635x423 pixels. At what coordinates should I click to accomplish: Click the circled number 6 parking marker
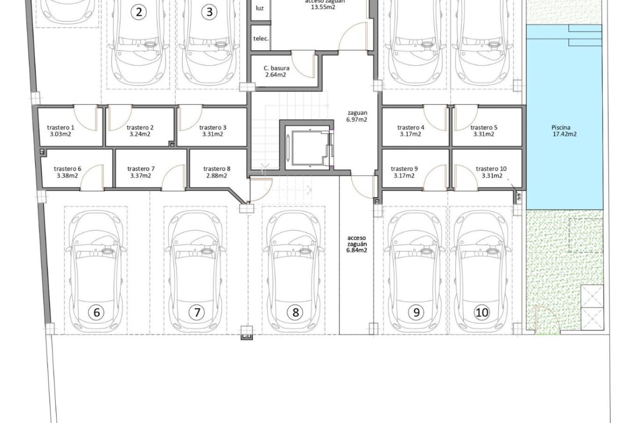97,312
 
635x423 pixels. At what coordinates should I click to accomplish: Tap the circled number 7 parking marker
197,312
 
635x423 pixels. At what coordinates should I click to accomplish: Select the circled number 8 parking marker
295,312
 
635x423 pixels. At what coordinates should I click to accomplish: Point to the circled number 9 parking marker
416,312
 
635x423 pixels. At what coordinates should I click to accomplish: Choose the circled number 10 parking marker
482,312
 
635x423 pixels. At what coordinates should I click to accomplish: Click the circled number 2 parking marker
139,12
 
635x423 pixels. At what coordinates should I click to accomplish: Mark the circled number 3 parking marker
209,12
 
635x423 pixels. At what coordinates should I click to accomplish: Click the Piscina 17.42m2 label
561,131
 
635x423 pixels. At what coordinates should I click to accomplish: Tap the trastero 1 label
61,128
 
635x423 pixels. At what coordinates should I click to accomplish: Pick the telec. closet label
261,39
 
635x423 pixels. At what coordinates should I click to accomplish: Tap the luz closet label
260,8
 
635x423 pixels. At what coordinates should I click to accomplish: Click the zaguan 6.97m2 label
357,116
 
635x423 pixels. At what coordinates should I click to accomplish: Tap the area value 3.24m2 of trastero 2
140,134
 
